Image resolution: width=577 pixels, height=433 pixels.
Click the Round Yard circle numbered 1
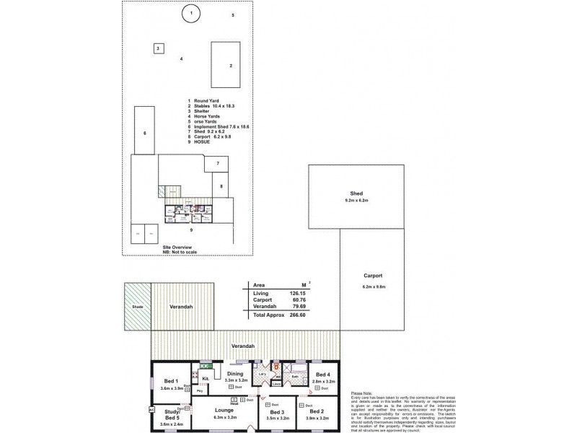[190, 13]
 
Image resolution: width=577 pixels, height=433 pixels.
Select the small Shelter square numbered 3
[157, 48]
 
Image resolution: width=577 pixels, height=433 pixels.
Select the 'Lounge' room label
[224, 409]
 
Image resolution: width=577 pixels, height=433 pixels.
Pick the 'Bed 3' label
[278, 411]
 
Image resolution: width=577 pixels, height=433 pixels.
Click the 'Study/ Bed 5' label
[172, 414]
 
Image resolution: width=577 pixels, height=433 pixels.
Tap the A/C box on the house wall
[151, 409]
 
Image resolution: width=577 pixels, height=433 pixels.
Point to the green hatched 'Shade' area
[137, 306]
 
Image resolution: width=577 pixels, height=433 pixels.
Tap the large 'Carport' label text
[373, 276]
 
